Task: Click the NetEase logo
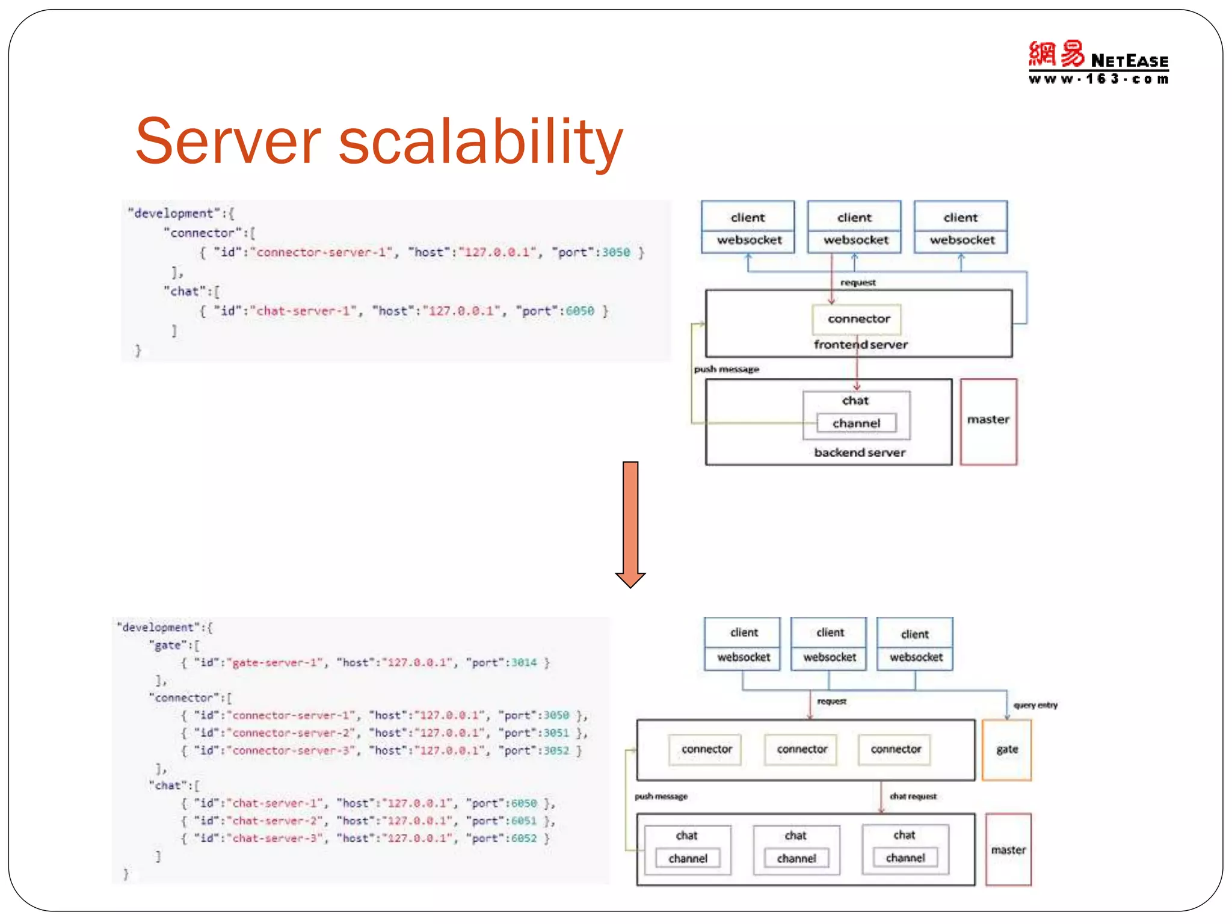(x=1098, y=63)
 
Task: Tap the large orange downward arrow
(x=630, y=523)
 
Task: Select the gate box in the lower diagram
(x=1006, y=750)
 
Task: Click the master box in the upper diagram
(x=988, y=420)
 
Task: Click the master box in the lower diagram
(x=1008, y=849)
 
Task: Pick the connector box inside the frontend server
(x=858, y=319)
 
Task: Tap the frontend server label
(x=860, y=345)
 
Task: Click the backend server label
(x=859, y=452)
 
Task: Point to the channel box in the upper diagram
(x=856, y=423)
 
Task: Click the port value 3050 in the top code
(x=616, y=253)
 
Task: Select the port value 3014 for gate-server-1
(x=523, y=662)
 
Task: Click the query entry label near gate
(x=1035, y=705)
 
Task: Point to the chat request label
(x=913, y=796)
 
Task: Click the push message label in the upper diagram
(x=726, y=369)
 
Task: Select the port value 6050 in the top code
(x=579, y=311)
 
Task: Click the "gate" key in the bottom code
(x=167, y=645)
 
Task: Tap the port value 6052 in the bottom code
(x=523, y=839)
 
